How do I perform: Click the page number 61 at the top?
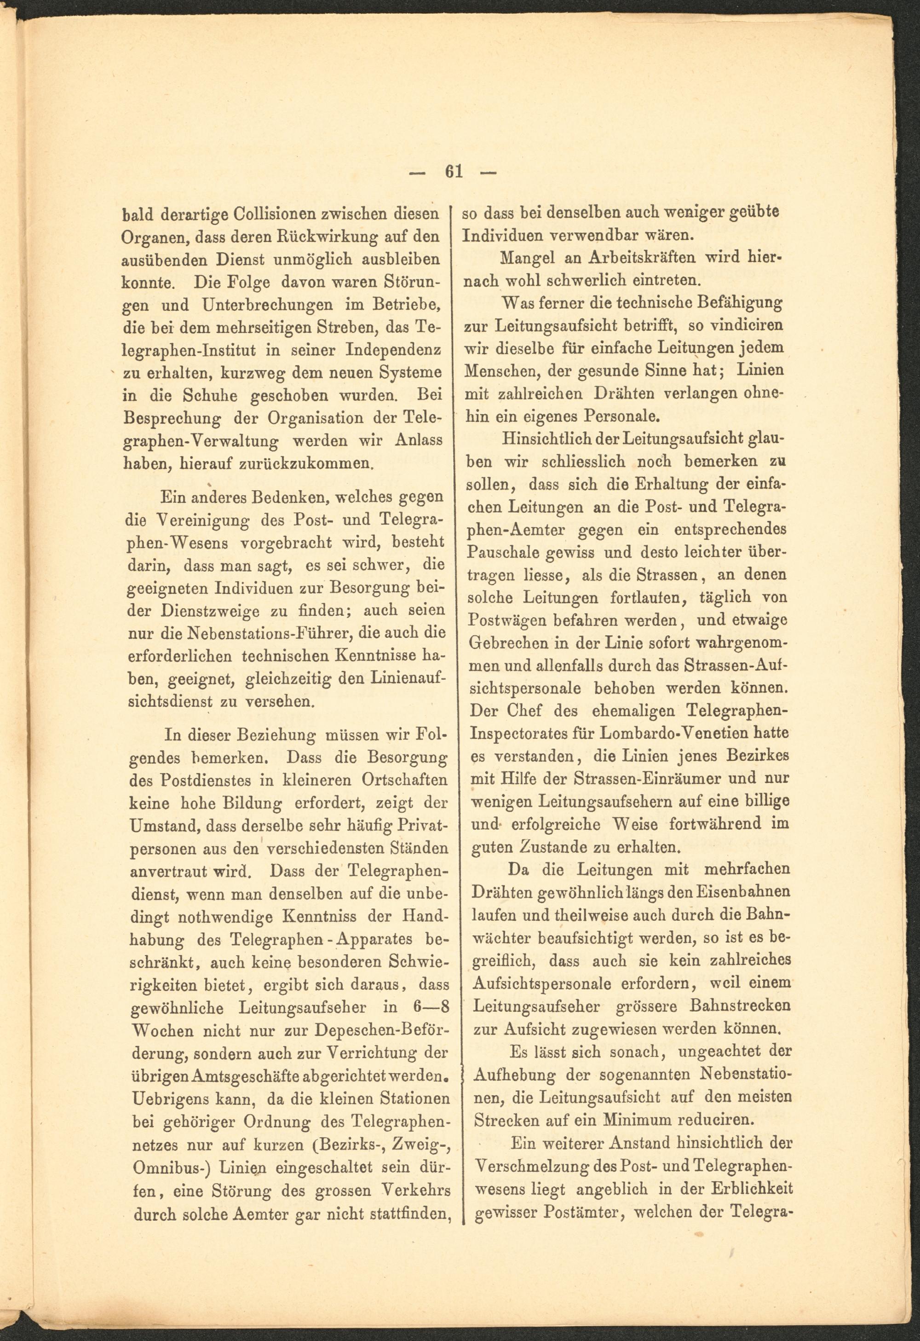[x=454, y=172]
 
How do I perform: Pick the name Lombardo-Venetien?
[x=672, y=734]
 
